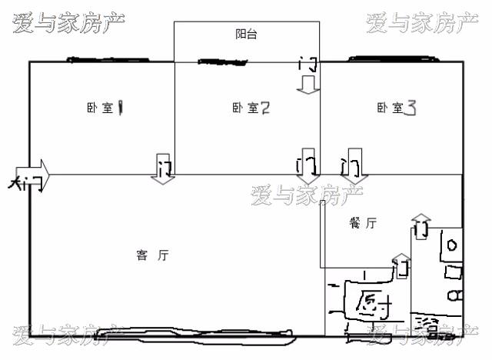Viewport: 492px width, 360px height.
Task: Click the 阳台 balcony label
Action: [246, 35]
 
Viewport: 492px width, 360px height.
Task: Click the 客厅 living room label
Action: [152, 255]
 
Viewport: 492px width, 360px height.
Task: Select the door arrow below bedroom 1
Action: [163, 168]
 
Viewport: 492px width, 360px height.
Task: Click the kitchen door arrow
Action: [401, 266]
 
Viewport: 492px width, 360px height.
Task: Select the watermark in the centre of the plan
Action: [306, 196]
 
